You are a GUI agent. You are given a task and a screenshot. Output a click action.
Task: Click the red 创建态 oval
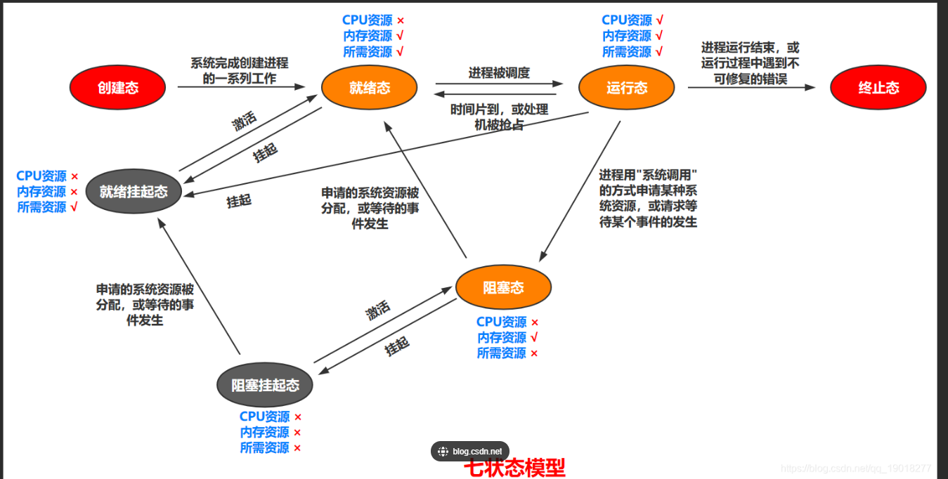click(117, 88)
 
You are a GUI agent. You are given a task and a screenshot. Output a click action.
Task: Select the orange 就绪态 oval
click(369, 87)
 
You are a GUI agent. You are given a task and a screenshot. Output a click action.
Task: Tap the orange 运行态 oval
click(626, 88)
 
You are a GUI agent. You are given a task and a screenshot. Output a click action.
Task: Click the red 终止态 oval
click(878, 88)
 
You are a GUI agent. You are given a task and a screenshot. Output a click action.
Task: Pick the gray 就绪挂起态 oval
click(133, 191)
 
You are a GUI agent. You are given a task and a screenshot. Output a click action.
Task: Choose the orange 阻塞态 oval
click(503, 287)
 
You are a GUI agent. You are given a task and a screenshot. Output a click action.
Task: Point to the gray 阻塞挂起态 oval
click(265, 385)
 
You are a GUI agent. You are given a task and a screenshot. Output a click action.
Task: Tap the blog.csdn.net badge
click(470, 452)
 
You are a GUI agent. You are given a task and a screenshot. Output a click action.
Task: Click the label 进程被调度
click(499, 72)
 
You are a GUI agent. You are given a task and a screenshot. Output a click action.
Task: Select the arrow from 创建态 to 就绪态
click(241, 87)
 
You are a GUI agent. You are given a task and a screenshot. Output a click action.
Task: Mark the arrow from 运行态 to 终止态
click(751, 88)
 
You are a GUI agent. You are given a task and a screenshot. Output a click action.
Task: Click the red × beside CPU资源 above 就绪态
click(401, 21)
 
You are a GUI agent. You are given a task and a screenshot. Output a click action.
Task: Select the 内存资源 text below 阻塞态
click(502, 338)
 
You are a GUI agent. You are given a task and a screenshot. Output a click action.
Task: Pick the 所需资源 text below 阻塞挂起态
click(264, 448)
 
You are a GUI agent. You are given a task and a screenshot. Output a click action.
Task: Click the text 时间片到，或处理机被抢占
click(499, 117)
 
